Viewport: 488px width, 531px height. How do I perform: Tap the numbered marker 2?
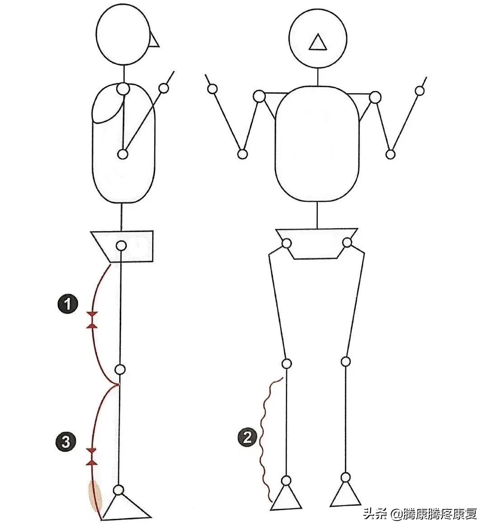[x=247, y=437]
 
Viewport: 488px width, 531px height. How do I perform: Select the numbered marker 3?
[x=66, y=442]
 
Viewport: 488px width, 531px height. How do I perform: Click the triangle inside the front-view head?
[x=318, y=43]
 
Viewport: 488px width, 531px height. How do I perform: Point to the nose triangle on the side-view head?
[x=154, y=41]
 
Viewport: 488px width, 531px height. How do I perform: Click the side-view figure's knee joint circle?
[x=120, y=369]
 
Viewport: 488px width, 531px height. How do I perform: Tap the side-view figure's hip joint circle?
[x=121, y=246]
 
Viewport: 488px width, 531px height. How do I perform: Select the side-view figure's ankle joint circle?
[x=119, y=490]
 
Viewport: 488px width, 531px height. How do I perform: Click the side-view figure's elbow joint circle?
[x=122, y=155]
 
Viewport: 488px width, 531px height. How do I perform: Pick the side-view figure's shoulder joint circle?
[x=123, y=89]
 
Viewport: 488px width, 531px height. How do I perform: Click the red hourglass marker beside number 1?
[x=92, y=319]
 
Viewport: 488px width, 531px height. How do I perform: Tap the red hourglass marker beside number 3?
[x=92, y=456]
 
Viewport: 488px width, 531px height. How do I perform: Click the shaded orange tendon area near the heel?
[x=95, y=495]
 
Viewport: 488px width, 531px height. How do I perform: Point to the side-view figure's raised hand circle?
[x=164, y=88]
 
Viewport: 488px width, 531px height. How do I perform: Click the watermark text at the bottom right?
[x=420, y=514]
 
